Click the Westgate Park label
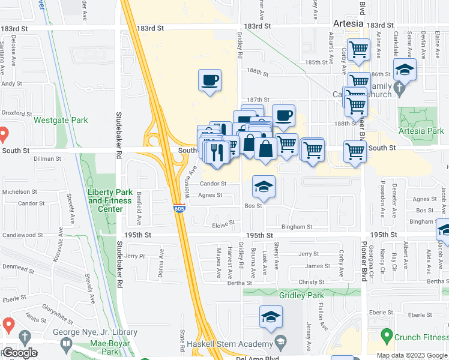tap(61, 120)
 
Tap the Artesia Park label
tap(421, 131)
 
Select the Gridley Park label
tap(301, 295)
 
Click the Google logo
tap(20, 353)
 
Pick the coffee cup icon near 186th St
tap(209, 80)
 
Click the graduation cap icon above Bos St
tap(264, 187)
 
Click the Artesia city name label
tap(348, 23)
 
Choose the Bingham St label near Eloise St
tap(297, 227)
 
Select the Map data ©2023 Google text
tap(412, 355)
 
